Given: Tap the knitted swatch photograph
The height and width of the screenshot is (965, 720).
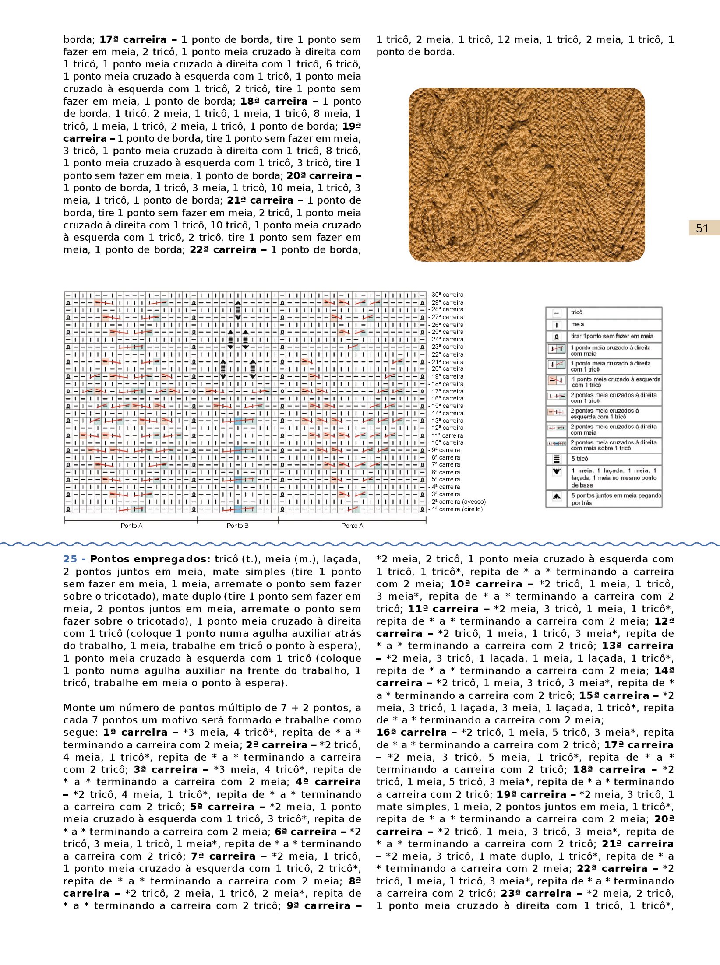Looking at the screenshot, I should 526,175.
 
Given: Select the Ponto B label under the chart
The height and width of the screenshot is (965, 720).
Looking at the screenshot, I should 237,526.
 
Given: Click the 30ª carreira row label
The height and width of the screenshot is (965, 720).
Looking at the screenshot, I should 447,295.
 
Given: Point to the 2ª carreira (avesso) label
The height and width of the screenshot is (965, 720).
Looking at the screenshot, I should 458,502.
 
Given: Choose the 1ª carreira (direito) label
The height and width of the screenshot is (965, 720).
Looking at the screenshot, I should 457,509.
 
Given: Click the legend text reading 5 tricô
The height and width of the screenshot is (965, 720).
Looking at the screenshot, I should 579,459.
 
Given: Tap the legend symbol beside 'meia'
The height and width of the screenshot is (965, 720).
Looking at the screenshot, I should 557,325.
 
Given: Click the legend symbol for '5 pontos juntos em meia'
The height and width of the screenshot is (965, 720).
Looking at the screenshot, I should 557,496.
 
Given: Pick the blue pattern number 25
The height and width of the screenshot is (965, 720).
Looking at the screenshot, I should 70,559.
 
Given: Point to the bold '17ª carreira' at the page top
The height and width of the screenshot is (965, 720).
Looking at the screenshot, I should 133,39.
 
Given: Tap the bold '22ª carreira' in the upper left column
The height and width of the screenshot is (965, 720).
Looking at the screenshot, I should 223,249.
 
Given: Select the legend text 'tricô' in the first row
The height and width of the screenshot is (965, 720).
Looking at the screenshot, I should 577,312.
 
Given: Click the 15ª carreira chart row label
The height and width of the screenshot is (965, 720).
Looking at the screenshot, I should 447,406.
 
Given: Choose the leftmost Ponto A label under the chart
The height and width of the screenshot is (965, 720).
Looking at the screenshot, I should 131,526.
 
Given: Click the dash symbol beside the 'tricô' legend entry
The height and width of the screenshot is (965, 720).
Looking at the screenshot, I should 557,313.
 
